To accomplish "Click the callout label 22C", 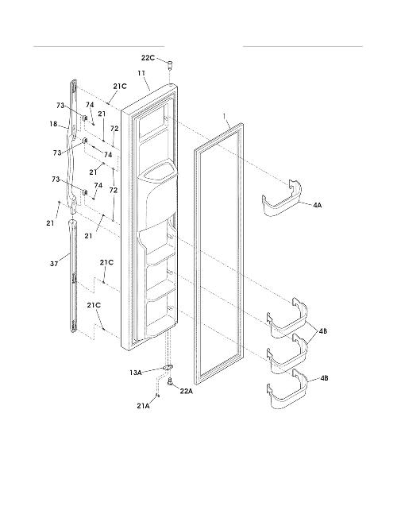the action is click(148, 58).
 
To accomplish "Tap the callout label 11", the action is click(141, 73).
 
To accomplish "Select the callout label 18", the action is click(53, 124).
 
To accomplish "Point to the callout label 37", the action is click(54, 263).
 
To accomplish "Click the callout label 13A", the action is click(135, 373).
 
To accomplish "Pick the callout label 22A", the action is click(186, 391).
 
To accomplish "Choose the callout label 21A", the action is click(143, 405).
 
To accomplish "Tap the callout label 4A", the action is click(317, 205).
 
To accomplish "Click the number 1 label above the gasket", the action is click(225, 116).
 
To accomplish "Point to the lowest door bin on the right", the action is click(287, 389).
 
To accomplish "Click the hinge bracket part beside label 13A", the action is click(168, 368).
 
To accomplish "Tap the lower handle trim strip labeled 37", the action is click(73, 276).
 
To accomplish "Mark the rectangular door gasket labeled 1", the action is click(219, 253).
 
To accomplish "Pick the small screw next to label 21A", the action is click(157, 396).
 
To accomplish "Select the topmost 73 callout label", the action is click(60, 105).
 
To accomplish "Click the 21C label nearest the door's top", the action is click(120, 87).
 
